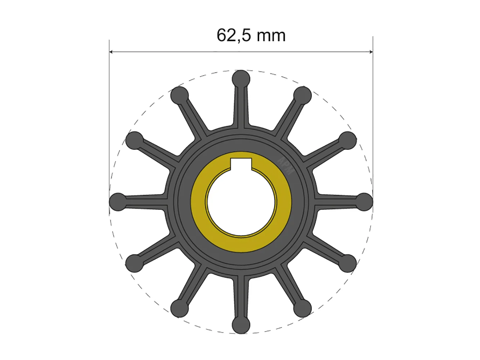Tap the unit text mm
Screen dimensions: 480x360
[x=271, y=36]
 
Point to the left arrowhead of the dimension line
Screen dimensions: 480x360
[x=111, y=52]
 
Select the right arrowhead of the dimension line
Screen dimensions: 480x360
[x=371, y=52]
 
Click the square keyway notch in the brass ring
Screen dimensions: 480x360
[x=241, y=164]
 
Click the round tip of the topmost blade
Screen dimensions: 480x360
[x=241, y=79]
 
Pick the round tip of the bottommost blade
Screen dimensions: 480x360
[x=241, y=325]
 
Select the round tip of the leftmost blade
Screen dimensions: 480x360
[x=118, y=202]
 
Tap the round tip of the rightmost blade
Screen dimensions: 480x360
[x=364, y=202]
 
